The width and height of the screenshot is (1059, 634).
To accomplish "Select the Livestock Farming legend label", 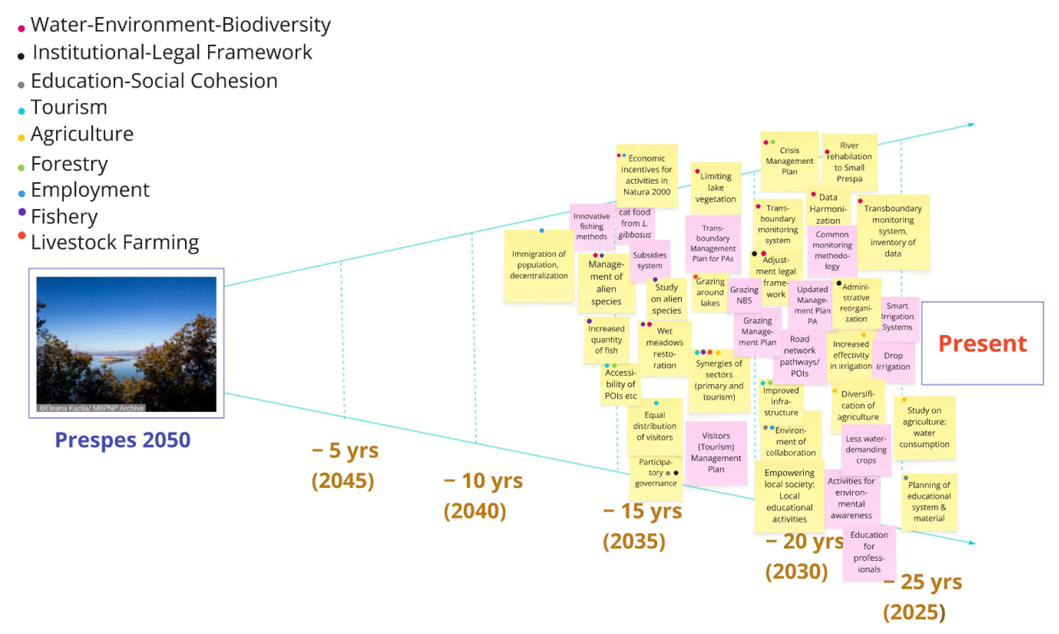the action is coord(115,242).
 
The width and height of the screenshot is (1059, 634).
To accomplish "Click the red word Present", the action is coord(982,343).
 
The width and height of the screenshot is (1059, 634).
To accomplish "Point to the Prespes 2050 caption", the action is coord(123,440).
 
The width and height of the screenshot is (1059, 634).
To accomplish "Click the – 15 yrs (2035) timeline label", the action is coord(642,526).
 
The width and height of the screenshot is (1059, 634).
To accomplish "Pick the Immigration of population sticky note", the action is coord(539,266).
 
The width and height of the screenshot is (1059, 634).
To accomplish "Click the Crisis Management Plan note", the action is coord(789,161).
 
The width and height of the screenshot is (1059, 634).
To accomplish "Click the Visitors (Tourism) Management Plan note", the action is coord(716,452).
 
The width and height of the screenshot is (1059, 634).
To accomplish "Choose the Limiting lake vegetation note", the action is coord(716,187).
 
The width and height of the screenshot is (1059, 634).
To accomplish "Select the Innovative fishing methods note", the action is coord(591,226).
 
